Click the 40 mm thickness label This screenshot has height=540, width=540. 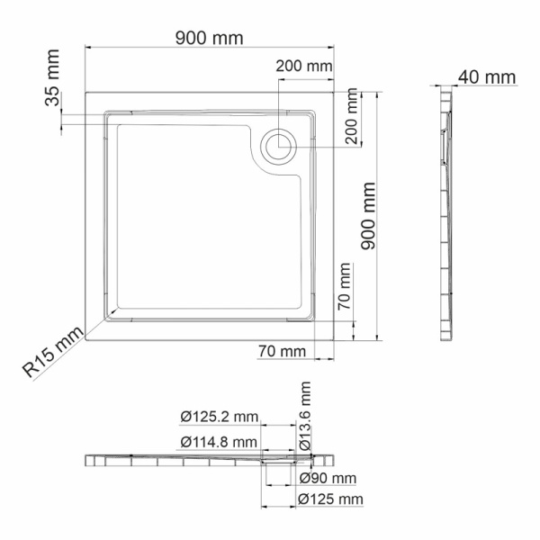pyautogui.click(x=486, y=76)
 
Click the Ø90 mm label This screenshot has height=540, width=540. pyautogui.click(x=328, y=478)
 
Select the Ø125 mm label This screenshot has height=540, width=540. pyautogui.click(x=331, y=499)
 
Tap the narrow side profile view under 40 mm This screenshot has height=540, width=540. pyautogui.click(x=445, y=216)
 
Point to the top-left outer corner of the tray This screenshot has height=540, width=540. pyautogui.click(x=87, y=90)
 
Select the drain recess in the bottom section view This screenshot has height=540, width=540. pyautogui.click(x=281, y=460)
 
